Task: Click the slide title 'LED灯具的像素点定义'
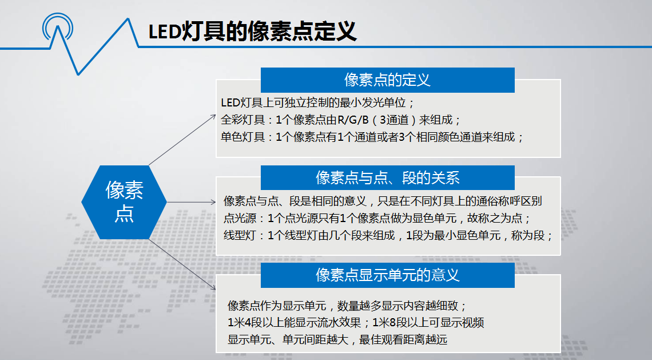click(x=252, y=31)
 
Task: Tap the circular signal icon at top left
click(x=58, y=27)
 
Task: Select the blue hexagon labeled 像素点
click(x=124, y=202)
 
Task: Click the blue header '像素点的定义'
click(x=388, y=80)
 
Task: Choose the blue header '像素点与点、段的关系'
click(x=388, y=178)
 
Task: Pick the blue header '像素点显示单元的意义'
click(x=388, y=275)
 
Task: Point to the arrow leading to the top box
click(x=182, y=140)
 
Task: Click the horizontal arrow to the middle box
click(x=191, y=202)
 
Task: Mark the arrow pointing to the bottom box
click(x=182, y=264)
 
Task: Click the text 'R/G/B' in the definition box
click(x=353, y=120)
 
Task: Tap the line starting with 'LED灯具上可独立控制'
click(x=317, y=103)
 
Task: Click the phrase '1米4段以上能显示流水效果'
click(x=295, y=323)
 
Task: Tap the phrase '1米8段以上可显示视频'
click(x=428, y=323)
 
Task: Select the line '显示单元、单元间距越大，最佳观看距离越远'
click(x=337, y=339)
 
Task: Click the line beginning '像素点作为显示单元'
click(x=347, y=306)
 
